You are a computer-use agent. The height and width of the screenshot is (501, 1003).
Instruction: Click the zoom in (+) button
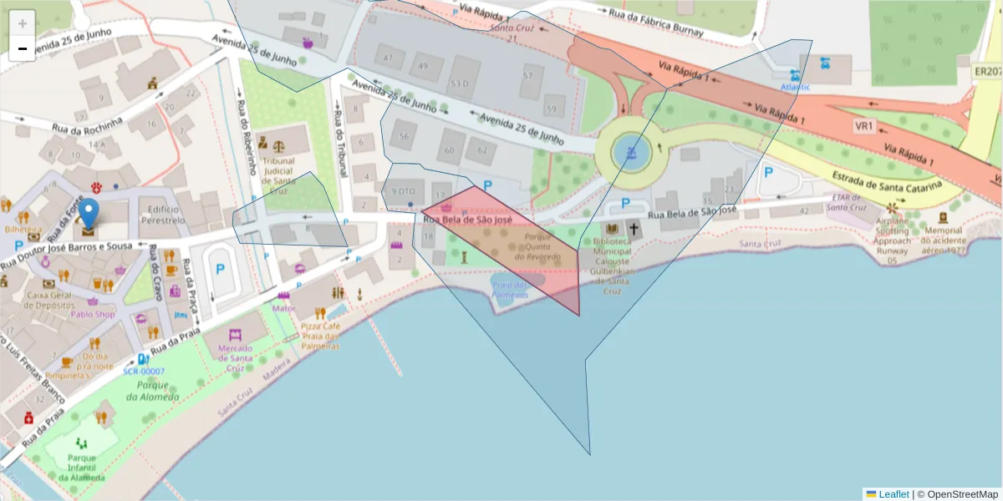tap(23, 23)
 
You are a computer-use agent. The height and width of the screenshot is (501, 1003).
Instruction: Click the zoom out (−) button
tap(23, 48)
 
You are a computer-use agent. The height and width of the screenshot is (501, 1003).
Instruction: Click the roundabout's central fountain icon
tap(631, 153)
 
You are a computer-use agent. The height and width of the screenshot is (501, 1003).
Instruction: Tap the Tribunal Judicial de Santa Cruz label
tap(278, 170)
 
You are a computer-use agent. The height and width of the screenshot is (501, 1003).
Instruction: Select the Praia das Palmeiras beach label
tap(510, 290)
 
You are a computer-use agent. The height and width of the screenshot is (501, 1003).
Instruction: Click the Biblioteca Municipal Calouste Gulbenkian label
tap(614, 261)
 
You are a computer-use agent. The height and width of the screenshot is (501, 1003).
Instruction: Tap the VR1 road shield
tap(863, 126)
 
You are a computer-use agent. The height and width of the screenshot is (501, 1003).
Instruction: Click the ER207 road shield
tap(987, 72)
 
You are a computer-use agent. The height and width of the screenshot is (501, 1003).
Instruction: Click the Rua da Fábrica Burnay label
tap(656, 24)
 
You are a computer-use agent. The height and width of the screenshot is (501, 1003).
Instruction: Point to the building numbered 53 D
tap(459, 83)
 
